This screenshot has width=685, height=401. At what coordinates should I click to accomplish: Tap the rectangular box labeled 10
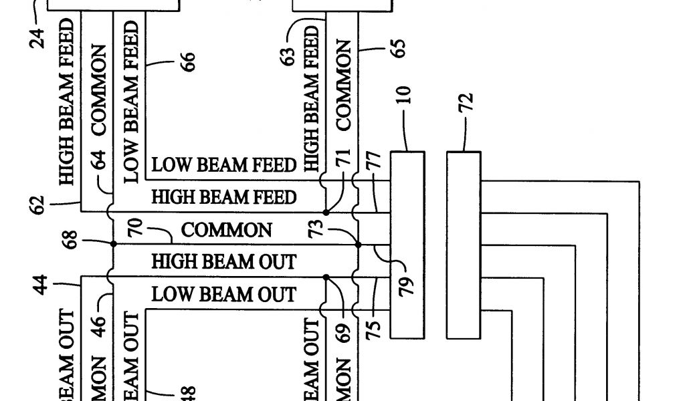pyautogui.click(x=407, y=243)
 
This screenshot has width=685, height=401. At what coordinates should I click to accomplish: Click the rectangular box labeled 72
pyautogui.click(x=464, y=243)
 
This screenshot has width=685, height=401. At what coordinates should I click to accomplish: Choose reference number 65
pyautogui.click(x=399, y=50)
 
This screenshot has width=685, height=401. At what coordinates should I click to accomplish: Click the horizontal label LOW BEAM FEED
pyautogui.click(x=223, y=164)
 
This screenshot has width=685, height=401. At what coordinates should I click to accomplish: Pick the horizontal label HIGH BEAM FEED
pyautogui.click(x=223, y=197)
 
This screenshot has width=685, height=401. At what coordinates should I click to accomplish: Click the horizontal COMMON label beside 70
pyautogui.click(x=227, y=231)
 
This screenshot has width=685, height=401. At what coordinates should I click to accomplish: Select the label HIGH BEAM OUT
pyautogui.click(x=223, y=261)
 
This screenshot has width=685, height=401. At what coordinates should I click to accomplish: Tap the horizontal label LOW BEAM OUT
pyautogui.click(x=223, y=294)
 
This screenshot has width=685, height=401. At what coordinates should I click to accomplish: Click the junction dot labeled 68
pyautogui.click(x=113, y=245)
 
